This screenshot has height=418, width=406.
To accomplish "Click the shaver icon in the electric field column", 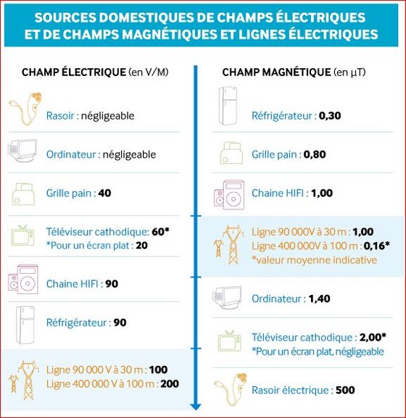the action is [x=26, y=108].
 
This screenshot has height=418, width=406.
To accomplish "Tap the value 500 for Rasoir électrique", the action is [x=345, y=390].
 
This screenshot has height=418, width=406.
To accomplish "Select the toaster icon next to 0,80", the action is [x=231, y=153].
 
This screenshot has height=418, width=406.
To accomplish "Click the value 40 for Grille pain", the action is [x=104, y=193].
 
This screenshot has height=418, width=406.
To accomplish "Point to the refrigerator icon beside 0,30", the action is [x=228, y=106].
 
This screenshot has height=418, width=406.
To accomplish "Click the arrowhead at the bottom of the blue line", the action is [x=196, y=406].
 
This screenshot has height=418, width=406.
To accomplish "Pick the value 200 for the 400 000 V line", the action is [x=170, y=384].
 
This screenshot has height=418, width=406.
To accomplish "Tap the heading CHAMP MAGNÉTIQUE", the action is [x=276, y=72].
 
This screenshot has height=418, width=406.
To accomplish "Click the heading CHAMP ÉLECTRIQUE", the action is [x=74, y=72].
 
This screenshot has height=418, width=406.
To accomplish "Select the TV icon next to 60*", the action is [x=22, y=235].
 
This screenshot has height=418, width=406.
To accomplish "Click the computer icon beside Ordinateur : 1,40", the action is [x=227, y=298].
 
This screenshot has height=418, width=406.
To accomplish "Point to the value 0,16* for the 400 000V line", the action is [x=376, y=246].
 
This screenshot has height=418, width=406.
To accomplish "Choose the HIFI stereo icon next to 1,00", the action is [x=229, y=195].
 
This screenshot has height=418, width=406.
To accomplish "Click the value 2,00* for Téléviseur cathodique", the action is [x=373, y=338].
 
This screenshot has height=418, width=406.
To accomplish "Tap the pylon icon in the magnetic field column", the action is [x=229, y=245].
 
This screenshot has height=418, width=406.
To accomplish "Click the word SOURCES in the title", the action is [x=65, y=17].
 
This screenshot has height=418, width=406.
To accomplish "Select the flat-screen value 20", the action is [x=141, y=246].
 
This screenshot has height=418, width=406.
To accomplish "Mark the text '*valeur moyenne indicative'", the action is [x=314, y=260].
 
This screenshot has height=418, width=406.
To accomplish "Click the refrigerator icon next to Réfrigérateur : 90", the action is [x=25, y=325].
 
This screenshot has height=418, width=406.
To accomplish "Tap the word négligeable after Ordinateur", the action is [x=129, y=154].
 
